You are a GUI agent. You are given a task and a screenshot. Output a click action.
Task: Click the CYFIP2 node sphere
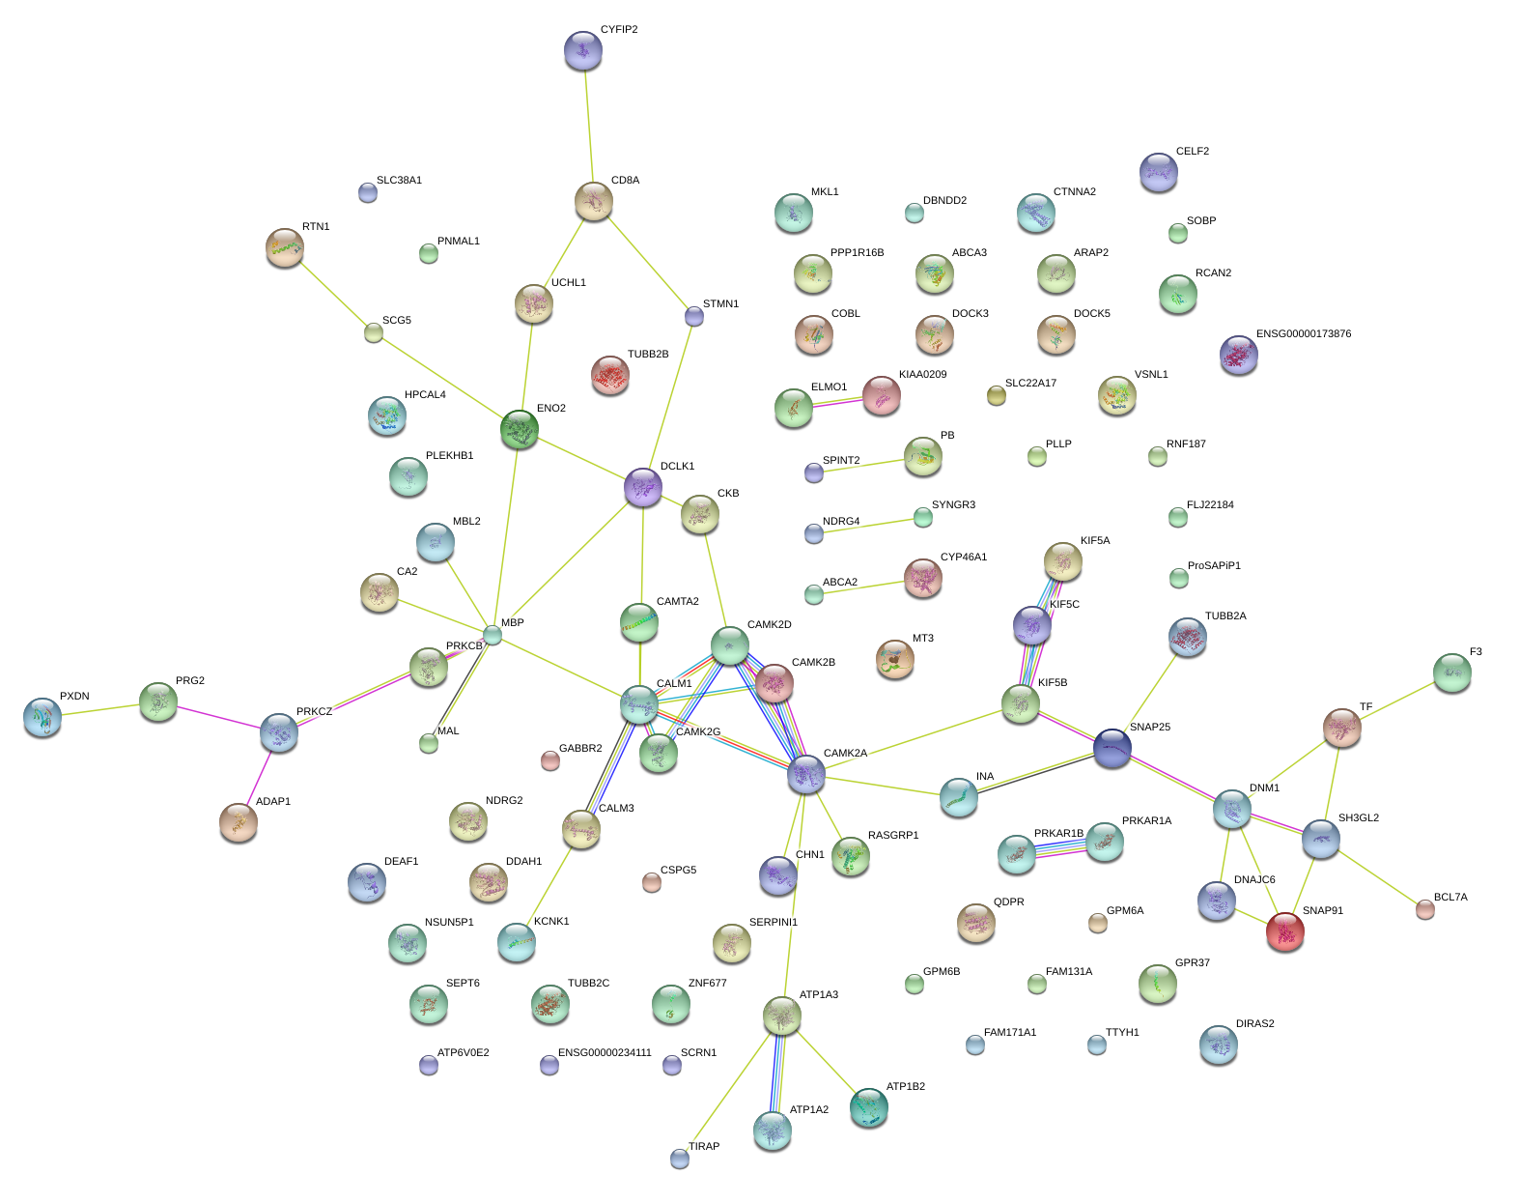tap(582, 51)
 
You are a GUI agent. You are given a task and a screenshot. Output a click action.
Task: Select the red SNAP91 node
tap(1285, 931)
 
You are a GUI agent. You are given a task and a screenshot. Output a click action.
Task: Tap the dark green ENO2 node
tap(520, 429)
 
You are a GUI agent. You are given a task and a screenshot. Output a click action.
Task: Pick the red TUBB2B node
tap(610, 375)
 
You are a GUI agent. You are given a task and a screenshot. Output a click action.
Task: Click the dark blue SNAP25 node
tap(1112, 748)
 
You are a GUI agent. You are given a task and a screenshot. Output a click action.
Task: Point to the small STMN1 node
tap(694, 316)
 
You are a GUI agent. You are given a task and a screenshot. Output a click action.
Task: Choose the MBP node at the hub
tap(493, 635)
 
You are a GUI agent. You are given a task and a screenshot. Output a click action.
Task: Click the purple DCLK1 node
tap(643, 487)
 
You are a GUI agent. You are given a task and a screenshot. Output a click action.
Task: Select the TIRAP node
tap(680, 1158)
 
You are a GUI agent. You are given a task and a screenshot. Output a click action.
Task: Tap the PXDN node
tap(42, 717)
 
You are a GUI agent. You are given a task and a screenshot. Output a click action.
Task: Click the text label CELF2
tap(1193, 152)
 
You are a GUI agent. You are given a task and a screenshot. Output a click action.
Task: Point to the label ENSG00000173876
tap(1303, 334)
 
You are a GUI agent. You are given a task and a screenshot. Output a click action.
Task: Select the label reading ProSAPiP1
tap(1214, 566)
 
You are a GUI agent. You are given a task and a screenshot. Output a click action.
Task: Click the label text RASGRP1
tap(893, 836)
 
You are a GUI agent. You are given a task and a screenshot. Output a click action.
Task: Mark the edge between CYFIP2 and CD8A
tap(588, 126)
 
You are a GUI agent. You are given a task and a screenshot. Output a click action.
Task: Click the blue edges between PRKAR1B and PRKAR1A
tap(1060, 848)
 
